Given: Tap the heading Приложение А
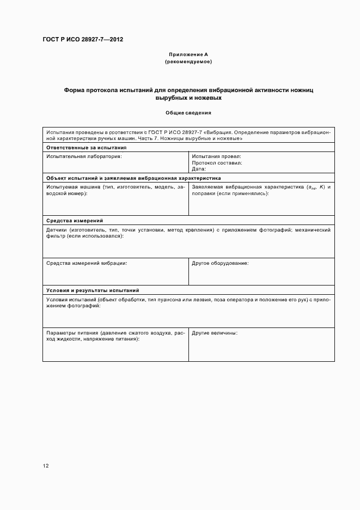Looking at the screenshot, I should [x=188, y=54].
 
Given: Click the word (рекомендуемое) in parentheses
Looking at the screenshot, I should [x=188, y=62].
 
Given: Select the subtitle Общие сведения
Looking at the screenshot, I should [x=188, y=113].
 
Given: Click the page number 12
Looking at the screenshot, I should [x=46, y=466].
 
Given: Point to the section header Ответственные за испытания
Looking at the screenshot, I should [x=87, y=148].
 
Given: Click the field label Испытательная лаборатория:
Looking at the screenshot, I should [x=84, y=156].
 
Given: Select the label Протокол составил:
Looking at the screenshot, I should [x=217, y=163].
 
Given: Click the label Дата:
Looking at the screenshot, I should [x=199, y=169].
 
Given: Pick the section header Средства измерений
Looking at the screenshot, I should [x=75, y=221].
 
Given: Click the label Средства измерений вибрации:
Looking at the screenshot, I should [x=87, y=263].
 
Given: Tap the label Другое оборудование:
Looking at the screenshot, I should [x=220, y=263].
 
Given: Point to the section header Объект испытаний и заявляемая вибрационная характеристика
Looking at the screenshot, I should [x=133, y=178].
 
